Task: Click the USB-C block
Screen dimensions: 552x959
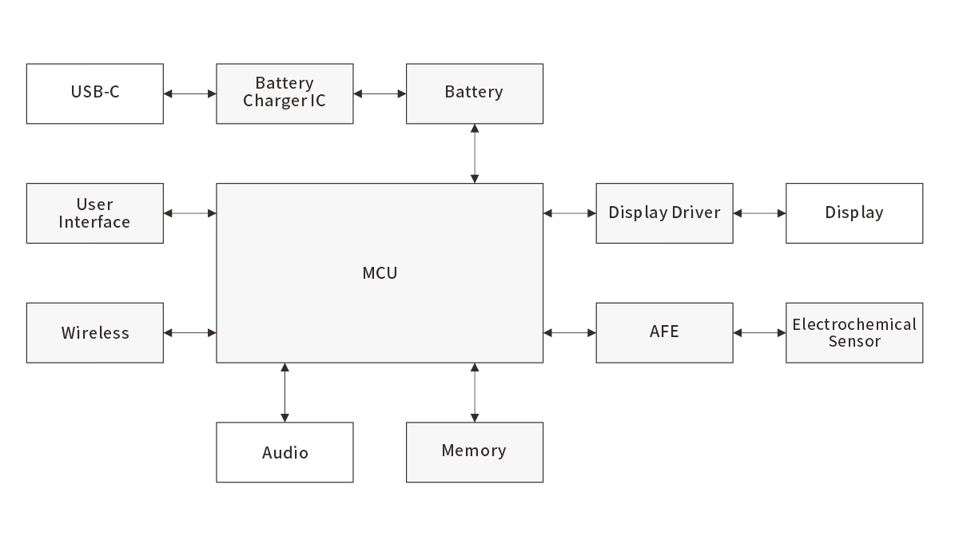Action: tap(94, 93)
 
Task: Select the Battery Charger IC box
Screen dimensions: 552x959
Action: tap(285, 93)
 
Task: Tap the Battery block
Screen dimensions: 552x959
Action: tap(475, 93)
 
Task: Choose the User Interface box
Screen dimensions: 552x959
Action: tap(94, 213)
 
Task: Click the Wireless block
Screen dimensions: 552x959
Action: tap(94, 332)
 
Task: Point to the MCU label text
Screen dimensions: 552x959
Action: tap(380, 273)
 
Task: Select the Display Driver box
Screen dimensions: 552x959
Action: tap(664, 213)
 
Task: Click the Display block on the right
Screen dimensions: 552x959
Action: tap(854, 213)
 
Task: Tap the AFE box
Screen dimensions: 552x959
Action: tap(664, 332)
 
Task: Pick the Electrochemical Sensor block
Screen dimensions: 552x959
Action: tap(854, 332)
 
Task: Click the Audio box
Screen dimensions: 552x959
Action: tap(285, 452)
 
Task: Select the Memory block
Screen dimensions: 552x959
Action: tap(475, 452)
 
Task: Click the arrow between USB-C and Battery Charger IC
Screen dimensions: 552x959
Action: tap(189, 93)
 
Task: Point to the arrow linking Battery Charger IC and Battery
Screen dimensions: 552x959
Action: tap(380, 93)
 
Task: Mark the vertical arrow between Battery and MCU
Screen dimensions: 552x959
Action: tap(475, 153)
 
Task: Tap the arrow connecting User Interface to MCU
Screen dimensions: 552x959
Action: tap(189, 213)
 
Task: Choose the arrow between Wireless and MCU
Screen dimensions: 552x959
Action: tap(189, 332)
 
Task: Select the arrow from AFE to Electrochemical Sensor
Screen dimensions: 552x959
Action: tap(759, 332)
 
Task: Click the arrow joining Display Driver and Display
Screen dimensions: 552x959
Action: tap(759, 213)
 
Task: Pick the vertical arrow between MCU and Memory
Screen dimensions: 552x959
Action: tap(475, 392)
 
